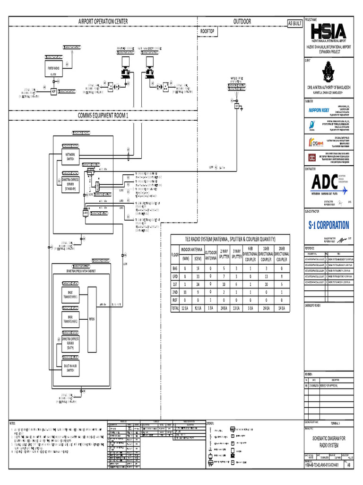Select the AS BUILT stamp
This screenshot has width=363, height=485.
[294, 23]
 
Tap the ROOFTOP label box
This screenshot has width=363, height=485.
[208, 31]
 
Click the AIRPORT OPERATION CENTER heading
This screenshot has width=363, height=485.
[103, 21]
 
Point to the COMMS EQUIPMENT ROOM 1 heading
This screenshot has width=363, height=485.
[103, 116]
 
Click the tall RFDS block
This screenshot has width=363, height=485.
[92, 318]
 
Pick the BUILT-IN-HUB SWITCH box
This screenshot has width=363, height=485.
[70, 368]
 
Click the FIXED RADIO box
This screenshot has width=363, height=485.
[53, 69]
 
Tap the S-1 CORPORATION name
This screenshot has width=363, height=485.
[329, 225]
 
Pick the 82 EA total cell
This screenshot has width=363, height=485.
[199, 308]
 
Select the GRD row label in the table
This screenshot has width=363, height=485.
[175, 276]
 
